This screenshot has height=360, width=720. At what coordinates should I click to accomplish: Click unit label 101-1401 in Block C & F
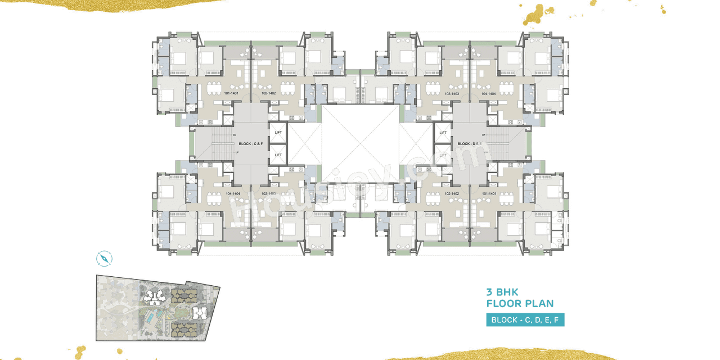[x=231, y=93]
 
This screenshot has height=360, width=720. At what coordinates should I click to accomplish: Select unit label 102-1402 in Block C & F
[x=268, y=93]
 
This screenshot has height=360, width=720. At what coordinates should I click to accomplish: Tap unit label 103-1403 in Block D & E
[x=452, y=93]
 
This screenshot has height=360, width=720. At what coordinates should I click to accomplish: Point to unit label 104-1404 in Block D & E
[x=488, y=93]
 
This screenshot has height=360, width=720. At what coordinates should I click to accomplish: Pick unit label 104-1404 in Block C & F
[x=233, y=193]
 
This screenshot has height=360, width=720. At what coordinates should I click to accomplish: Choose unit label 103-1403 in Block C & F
[x=268, y=193]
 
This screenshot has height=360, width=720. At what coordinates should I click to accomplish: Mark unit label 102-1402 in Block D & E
[x=452, y=193]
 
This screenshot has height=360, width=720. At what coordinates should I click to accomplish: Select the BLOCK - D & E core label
[x=470, y=144]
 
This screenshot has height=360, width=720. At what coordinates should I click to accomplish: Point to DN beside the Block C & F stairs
[x=233, y=135]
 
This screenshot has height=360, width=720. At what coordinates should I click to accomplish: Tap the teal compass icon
[x=104, y=258]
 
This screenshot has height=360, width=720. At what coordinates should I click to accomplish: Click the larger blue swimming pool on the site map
[x=150, y=318]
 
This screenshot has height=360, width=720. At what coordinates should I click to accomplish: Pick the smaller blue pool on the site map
[x=161, y=308]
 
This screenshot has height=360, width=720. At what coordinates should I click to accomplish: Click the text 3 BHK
[x=502, y=292]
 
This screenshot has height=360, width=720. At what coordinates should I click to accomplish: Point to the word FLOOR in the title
[x=506, y=304]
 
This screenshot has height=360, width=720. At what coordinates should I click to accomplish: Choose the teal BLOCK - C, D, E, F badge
[x=525, y=320]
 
